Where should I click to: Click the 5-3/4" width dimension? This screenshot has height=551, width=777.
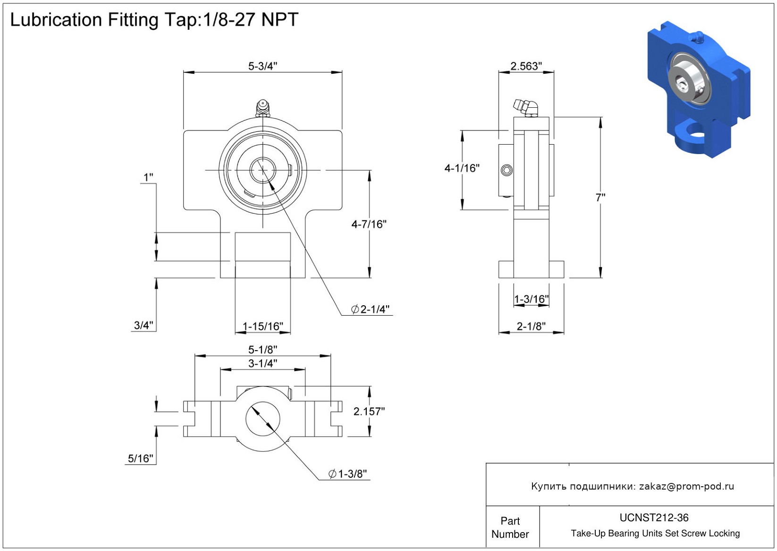(262, 66)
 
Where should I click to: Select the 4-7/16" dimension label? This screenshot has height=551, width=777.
(369, 224)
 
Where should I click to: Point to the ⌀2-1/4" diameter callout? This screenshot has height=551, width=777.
(370, 310)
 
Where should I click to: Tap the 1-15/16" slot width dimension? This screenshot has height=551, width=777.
(262, 327)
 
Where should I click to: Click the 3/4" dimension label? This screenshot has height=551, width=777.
(144, 325)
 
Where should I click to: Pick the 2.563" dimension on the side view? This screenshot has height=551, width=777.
(526, 66)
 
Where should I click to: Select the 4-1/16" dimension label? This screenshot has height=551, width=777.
(462, 168)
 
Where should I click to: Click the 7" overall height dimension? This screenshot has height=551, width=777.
(600, 198)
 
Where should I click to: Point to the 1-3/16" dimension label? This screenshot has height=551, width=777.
(531, 299)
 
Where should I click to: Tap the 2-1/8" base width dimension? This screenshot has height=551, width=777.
(531, 326)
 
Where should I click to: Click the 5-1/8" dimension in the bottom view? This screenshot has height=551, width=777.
(262, 350)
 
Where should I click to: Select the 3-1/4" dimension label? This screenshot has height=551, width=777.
(262, 363)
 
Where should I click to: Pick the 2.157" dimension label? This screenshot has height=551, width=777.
(369, 412)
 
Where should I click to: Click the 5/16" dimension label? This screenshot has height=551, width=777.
(140, 458)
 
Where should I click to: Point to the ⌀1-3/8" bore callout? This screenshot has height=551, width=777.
(348, 474)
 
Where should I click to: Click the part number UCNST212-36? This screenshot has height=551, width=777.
(654, 518)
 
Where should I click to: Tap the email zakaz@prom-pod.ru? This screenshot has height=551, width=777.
(686, 486)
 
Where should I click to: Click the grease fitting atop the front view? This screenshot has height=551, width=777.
(262, 108)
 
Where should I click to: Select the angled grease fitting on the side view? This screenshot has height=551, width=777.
(526, 107)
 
